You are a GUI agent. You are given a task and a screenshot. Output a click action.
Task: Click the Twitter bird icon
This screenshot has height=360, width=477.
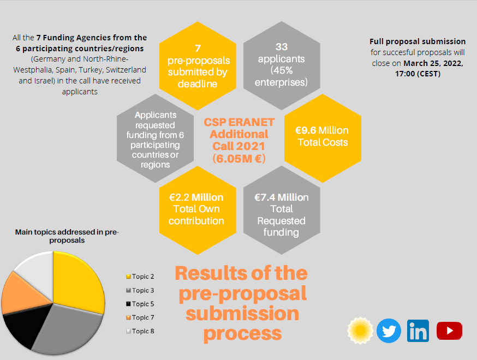pos(389,331)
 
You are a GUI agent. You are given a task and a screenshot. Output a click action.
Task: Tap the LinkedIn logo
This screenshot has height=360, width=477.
pos(418,331)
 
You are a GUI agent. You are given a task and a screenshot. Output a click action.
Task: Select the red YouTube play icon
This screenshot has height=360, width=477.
pos(449,331)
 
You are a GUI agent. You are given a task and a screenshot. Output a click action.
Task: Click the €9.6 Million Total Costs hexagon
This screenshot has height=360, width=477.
pos(322,137)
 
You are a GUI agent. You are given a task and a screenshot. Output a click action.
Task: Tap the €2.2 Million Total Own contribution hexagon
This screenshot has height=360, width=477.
pos(196,209)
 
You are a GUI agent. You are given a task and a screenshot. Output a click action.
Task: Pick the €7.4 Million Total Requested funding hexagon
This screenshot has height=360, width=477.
pos(281,213)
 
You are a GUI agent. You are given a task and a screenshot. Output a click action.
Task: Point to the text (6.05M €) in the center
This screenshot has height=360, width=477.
pos(239,159)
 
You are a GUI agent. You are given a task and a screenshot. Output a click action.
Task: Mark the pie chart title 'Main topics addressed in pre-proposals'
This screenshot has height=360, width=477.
pos(67,236)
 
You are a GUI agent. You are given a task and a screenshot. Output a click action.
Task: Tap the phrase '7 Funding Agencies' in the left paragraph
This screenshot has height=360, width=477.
pos(92,38)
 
